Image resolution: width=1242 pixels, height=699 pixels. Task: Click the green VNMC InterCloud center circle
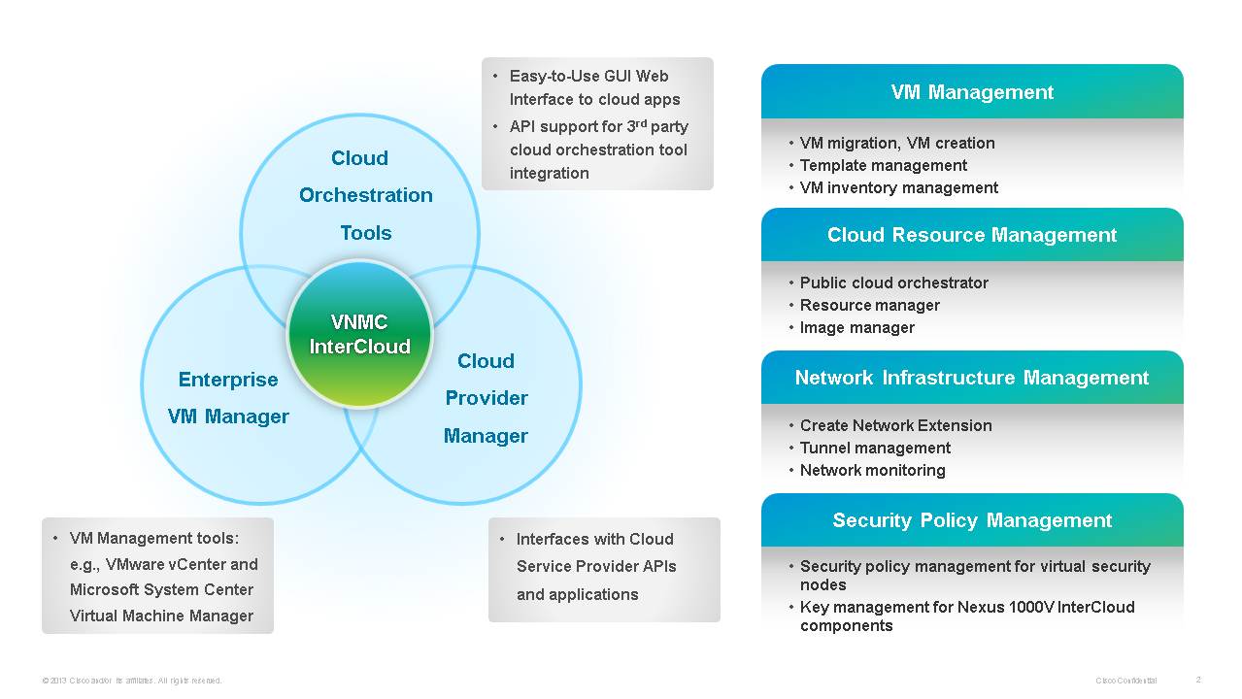click(x=360, y=333)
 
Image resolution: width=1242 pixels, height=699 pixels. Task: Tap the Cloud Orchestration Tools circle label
click(x=366, y=195)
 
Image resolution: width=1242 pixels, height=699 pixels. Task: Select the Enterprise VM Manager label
click(x=228, y=398)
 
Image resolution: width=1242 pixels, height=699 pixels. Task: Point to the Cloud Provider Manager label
click(x=486, y=398)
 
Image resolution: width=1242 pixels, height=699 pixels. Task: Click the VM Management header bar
click(x=972, y=92)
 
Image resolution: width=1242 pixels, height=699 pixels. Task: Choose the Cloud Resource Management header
click(x=972, y=235)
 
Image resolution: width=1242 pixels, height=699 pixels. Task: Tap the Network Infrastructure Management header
click(x=972, y=378)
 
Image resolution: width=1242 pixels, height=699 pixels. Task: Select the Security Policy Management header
click(x=972, y=520)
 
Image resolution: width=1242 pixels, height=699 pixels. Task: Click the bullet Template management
click(x=883, y=165)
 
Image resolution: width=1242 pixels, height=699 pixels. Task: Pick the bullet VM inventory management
click(x=898, y=187)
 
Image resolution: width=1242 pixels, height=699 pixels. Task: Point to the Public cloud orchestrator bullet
click(x=893, y=283)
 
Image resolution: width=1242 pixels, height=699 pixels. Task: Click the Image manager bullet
click(x=856, y=327)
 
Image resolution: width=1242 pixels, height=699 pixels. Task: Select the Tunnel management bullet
click(x=875, y=448)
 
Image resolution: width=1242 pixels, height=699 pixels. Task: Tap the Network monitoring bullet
click(x=872, y=470)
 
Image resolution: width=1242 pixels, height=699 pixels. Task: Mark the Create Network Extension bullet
click(x=895, y=425)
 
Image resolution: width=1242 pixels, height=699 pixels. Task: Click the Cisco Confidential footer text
click(x=1125, y=681)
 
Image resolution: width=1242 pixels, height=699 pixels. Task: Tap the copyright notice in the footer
click(x=132, y=681)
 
